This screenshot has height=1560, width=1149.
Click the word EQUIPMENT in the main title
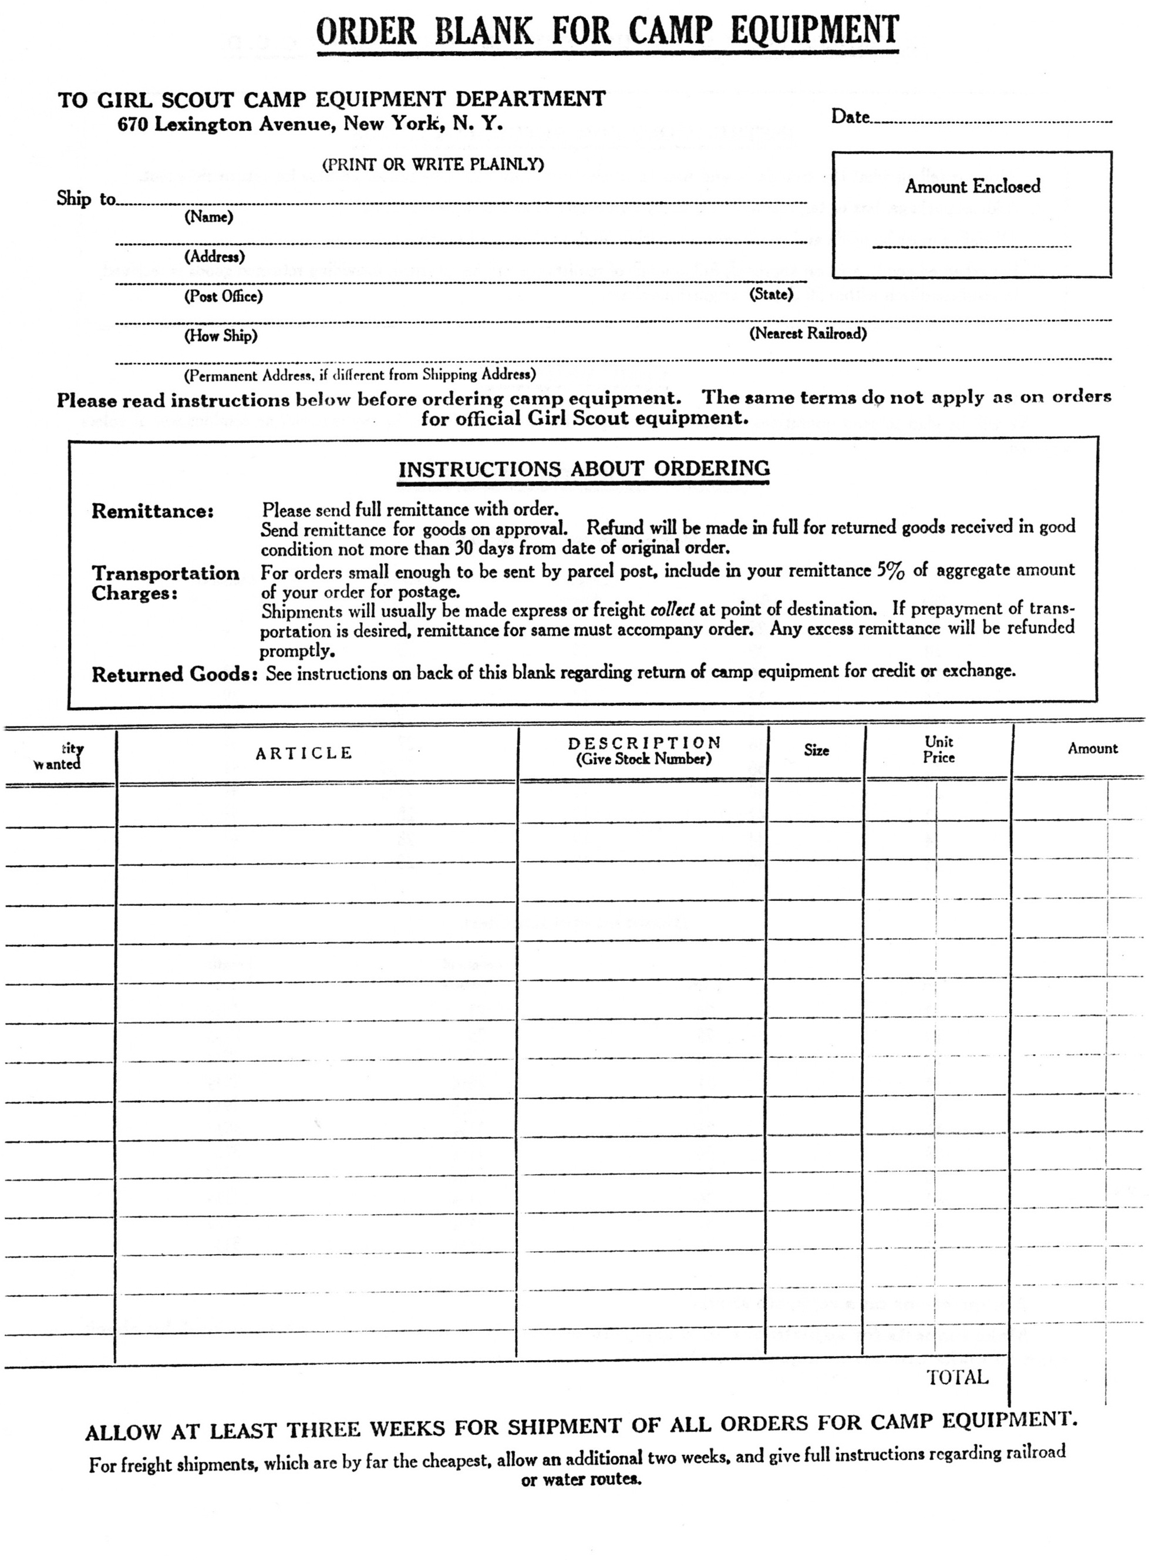[814, 31]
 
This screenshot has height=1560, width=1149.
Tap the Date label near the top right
[851, 117]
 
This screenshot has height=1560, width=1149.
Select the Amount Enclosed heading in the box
[972, 186]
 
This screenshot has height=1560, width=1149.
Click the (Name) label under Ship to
[208, 217]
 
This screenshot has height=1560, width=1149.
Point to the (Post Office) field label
[223, 297]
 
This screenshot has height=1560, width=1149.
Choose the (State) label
[771, 294]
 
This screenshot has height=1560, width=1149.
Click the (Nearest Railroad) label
[807, 333]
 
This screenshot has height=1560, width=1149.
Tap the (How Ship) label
[221, 336]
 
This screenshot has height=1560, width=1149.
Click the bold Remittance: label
[152, 512]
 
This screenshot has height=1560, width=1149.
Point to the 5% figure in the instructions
[890, 570]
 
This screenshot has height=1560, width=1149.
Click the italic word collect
[673, 610]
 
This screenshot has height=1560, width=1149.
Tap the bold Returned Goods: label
[176, 674]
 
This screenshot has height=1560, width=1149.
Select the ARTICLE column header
[304, 753]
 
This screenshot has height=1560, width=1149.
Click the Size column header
[817, 750]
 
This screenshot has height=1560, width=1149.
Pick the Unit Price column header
[938, 749]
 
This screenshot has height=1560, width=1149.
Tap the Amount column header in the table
[1093, 749]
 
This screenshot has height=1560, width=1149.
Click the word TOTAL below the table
[957, 1377]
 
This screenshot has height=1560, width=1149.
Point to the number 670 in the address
[132, 125]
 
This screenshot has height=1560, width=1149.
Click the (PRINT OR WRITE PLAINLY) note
[433, 165]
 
